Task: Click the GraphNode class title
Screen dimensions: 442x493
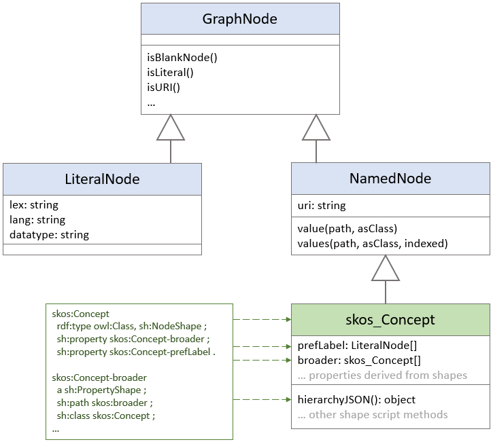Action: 239,19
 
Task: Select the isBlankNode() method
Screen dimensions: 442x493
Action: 182,58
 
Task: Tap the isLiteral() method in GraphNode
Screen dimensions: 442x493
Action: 170,73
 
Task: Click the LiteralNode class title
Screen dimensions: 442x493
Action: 102,179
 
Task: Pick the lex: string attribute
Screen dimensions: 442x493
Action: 34,204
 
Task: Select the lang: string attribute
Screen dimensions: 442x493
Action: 37,219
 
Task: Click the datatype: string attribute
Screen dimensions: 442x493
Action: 49,234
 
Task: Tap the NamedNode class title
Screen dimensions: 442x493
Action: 390,179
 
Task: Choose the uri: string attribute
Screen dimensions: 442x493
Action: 322,205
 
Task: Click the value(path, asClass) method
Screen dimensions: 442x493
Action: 347,227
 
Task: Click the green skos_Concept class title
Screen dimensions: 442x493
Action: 390,320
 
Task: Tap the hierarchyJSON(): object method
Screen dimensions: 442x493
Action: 356,399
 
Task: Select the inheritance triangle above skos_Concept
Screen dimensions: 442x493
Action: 386,268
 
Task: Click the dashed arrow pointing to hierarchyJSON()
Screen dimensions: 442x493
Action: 262,401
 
